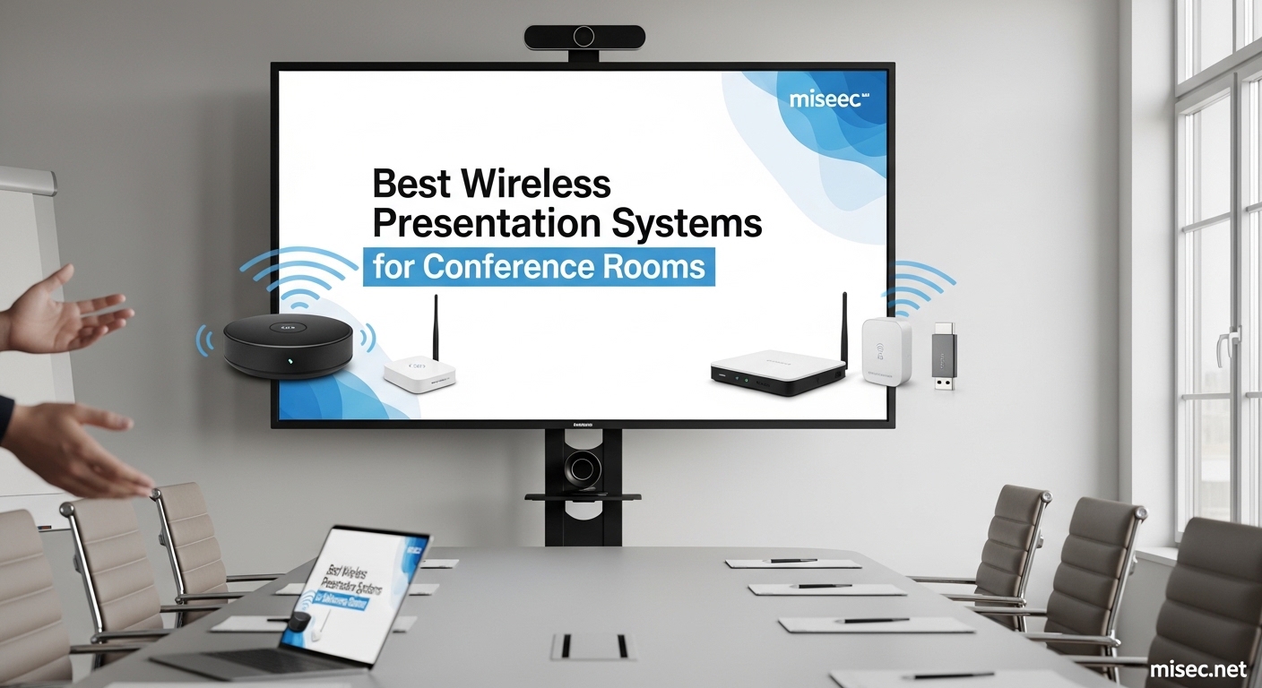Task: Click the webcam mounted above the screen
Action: click(x=584, y=37)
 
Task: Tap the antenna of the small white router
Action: click(x=436, y=327)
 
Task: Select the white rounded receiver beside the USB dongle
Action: click(x=886, y=351)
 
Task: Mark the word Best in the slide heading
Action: click(x=411, y=184)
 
